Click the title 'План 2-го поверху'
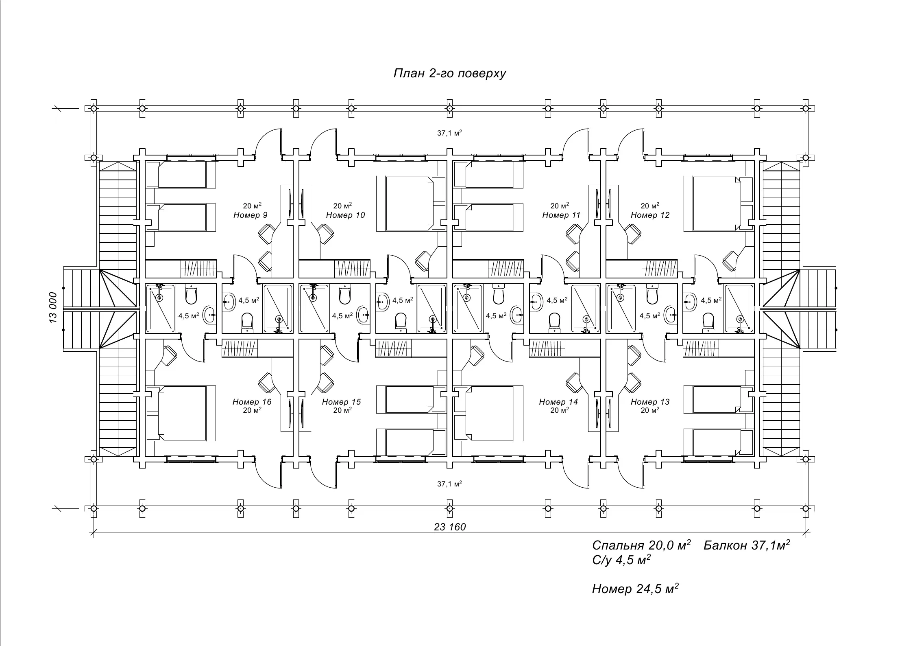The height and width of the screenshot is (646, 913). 450,73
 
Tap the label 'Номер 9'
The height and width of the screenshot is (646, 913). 251,215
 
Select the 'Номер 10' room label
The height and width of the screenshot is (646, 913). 345,215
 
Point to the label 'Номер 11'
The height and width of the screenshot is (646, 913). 561,215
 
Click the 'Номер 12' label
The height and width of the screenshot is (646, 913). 650,215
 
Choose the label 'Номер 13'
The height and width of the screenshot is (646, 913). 650,402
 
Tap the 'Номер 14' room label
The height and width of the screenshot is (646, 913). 558,402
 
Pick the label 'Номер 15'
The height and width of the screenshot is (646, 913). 341,402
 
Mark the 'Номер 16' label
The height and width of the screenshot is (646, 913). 252,402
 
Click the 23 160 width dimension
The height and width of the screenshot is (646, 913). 450,527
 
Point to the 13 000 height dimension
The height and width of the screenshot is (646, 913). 53,308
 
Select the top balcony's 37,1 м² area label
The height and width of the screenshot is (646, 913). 449,133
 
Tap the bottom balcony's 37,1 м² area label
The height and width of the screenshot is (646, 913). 449,484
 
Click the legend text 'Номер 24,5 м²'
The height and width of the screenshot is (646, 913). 635,589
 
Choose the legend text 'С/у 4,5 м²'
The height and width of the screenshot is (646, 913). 621,560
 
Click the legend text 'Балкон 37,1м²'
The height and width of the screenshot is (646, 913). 747,545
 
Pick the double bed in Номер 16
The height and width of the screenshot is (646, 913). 181,413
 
